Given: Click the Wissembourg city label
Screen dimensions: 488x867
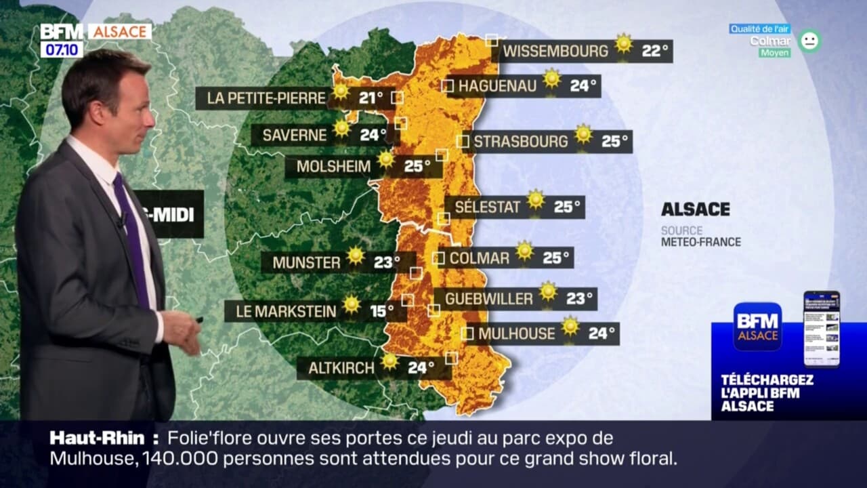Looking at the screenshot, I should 555,51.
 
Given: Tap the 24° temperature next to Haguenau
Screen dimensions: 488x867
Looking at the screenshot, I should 583,86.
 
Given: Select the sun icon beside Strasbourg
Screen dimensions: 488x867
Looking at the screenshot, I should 584,134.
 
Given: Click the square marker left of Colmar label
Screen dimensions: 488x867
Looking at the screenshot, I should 438,258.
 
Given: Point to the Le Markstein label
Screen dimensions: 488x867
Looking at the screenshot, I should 286,312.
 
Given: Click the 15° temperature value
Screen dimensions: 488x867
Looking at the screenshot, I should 381,312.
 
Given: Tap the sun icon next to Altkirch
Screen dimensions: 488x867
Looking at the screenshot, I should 389,361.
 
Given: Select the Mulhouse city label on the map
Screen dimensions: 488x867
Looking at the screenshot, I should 517,333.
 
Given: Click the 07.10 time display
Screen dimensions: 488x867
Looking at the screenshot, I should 62,49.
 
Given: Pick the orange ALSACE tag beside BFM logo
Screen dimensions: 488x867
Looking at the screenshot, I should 120,32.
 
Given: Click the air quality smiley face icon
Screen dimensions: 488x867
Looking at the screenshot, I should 809,41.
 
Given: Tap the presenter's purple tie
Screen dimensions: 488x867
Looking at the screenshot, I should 131,237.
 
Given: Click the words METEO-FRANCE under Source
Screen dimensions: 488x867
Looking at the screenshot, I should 701,242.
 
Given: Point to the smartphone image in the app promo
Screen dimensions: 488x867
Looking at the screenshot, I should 822,329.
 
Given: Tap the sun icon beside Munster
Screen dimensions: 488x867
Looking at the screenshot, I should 356,256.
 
